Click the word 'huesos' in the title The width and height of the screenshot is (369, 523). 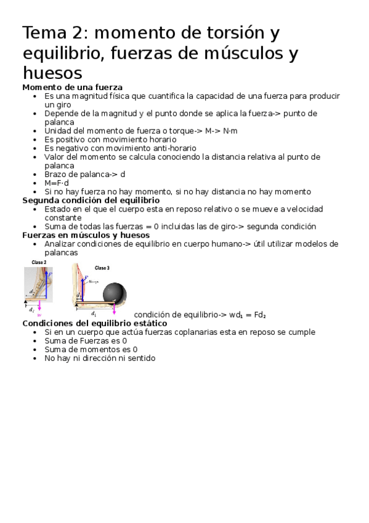(52, 73)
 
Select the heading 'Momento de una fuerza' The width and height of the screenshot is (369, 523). (72, 88)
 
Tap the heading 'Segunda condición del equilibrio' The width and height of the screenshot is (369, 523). (91, 200)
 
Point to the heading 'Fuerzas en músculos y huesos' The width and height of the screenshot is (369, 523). (86, 235)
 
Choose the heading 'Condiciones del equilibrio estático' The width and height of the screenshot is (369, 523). (94, 323)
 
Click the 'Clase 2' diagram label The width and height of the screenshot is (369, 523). (39, 263)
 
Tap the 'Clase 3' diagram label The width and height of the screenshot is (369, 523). (103, 268)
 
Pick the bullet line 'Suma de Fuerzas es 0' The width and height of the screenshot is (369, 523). (86, 340)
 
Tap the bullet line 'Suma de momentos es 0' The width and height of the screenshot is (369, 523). (91, 349)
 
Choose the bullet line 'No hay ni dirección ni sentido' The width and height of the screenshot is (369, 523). (100, 358)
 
